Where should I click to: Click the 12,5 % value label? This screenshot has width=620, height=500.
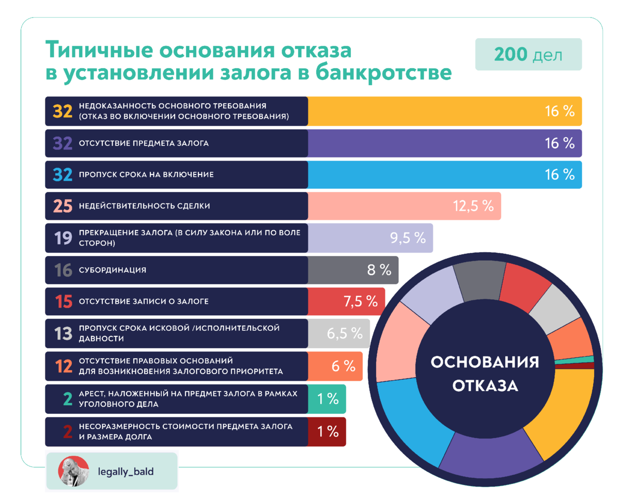click(x=473, y=206)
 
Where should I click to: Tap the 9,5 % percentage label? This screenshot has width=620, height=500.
click(x=408, y=238)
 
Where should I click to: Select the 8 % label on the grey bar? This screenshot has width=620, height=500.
click(x=379, y=269)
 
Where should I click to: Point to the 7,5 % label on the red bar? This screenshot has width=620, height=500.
click(x=361, y=301)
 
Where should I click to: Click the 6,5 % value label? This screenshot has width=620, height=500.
click(x=345, y=333)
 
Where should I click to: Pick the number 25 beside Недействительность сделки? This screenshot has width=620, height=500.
click(x=63, y=206)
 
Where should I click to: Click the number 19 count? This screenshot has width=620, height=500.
click(x=63, y=238)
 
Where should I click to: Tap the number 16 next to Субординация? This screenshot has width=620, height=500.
click(x=63, y=270)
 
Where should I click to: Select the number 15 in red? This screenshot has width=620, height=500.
click(x=63, y=302)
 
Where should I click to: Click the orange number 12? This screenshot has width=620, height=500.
click(x=63, y=366)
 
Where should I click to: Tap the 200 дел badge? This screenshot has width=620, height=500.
click(x=528, y=54)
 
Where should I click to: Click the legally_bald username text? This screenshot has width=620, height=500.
click(x=126, y=472)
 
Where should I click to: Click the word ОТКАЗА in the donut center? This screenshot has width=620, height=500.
click(x=485, y=385)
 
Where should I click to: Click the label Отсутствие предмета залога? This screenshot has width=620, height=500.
click(x=144, y=143)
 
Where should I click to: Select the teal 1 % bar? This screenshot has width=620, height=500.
click(x=327, y=399)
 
